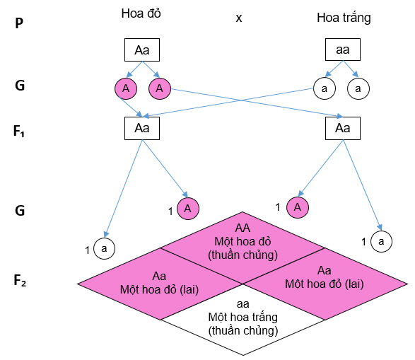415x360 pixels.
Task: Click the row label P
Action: pos(20,23)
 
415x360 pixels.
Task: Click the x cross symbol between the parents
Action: pos(239,18)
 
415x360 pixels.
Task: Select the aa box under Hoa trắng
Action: pos(342,50)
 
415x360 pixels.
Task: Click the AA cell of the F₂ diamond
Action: pos(242,243)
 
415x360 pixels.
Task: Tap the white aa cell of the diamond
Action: pos(242,316)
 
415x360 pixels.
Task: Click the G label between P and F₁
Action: pos(21,87)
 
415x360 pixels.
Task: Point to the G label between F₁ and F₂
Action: pos(21,210)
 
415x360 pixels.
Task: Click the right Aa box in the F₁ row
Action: pos(342,128)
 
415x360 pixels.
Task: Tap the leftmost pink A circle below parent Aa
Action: pos(125,89)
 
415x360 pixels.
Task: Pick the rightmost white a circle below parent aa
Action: pos(358,89)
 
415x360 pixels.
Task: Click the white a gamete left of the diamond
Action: pos(105,248)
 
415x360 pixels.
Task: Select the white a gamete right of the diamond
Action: pos(381,242)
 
